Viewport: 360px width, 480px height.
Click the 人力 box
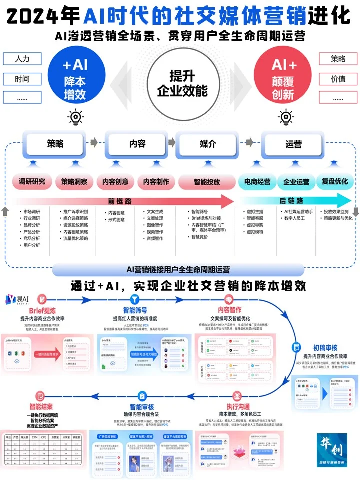click(22, 59)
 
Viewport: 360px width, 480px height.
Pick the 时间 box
click(22, 79)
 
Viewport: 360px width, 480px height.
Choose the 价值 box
click(338, 79)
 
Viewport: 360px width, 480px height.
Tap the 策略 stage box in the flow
click(55, 144)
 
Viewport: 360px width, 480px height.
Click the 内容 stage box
click(137, 144)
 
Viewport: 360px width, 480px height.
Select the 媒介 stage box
click(207, 144)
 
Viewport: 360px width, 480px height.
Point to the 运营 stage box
click(294, 144)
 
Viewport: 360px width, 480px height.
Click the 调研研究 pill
click(32, 182)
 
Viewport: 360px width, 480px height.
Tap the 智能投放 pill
click(207, 182)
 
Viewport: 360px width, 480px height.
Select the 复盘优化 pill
click(335, 182)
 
